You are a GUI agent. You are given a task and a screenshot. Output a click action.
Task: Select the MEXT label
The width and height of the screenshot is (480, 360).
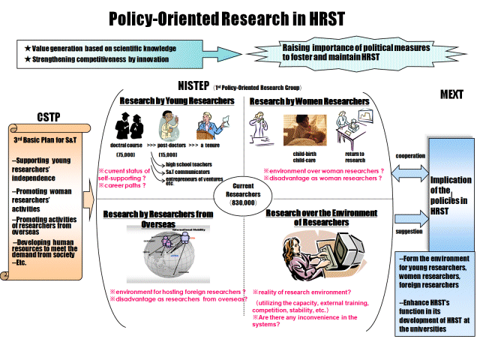[x=451, y=95]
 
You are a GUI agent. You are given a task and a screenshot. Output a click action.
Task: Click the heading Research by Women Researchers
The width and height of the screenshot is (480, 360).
[x=309, y=100]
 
